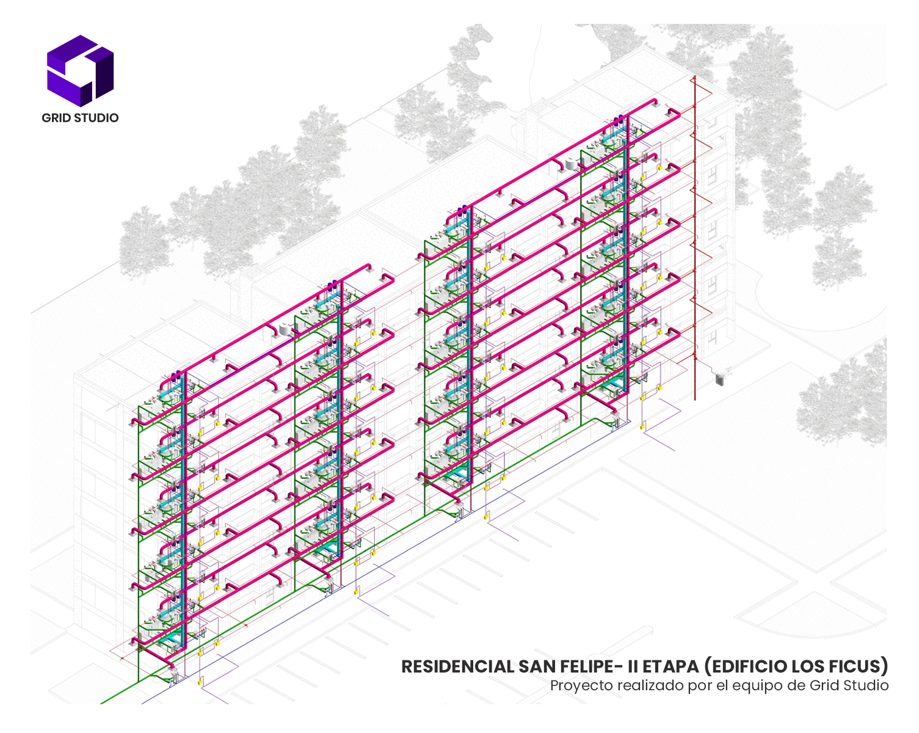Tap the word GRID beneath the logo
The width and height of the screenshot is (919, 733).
point(55,118)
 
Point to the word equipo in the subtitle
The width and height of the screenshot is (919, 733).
point(757,685)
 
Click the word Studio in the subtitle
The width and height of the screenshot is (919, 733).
point(866,685)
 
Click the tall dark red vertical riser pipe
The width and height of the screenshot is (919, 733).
point(695,244)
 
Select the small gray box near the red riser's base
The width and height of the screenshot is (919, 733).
point(720,380)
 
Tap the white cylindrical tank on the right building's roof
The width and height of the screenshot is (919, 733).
point(572,163)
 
